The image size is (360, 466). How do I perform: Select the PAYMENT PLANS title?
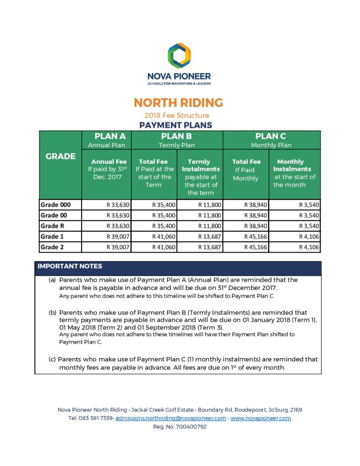point(176,125)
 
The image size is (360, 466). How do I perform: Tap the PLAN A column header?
point(106,137)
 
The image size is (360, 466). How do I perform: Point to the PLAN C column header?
point(271,137)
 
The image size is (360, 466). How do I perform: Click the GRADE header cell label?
point(61,156)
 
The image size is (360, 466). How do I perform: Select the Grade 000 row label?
point(56,205)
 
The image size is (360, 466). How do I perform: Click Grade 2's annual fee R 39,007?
point(118,247)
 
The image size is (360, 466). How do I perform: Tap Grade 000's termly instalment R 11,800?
point(210,205)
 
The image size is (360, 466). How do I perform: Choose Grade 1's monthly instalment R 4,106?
point(309,237)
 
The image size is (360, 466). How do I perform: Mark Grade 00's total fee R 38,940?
point(256,215)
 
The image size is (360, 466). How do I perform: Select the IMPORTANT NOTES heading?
point(70,266)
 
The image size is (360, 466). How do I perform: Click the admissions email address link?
point(171,418)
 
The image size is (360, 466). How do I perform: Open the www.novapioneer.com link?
point(261,418)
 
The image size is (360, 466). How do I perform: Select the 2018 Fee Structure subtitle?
point(177,115)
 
